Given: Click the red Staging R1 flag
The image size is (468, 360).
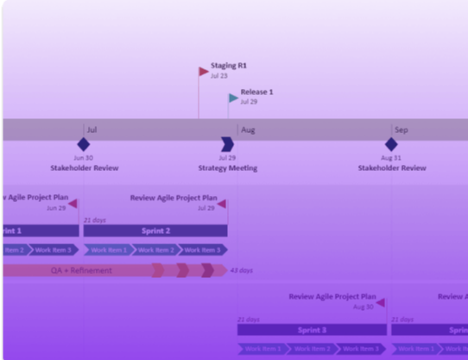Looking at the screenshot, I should tap(204, 72).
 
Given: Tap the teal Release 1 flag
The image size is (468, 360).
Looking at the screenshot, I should tap(233, 98).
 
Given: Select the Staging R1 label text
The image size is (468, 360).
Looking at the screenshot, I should tap(229, 66).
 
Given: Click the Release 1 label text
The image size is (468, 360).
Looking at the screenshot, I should tap(256, 92).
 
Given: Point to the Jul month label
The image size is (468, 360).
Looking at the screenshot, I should tap(92, 130).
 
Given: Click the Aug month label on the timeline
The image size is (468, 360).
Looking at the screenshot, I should tap(248, 130).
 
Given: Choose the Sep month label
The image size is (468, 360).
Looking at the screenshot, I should tap(401, 130).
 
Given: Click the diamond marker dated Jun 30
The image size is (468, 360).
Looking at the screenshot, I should tap(83, 144).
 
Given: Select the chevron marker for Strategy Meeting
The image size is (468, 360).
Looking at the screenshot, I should tap(227, 144).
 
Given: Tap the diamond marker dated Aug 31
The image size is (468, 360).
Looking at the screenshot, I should tap(391, 144).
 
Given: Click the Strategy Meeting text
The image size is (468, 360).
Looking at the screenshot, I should tap(227, 168).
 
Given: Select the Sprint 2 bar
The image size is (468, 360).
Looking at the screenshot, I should tap(155, 231).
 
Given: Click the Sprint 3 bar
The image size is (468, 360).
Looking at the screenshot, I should tap(312, 330).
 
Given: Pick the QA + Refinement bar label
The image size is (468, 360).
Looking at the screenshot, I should tap(81, 270).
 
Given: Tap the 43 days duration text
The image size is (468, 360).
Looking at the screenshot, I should tap(241, 270).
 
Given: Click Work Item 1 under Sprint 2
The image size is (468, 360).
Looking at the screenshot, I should tap(108, 250).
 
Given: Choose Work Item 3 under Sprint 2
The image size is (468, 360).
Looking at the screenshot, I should tap(203, 250).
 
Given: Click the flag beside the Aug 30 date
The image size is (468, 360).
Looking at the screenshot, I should tap(381, 303).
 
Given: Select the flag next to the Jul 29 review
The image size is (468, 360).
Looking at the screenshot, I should tap(222, 205).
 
